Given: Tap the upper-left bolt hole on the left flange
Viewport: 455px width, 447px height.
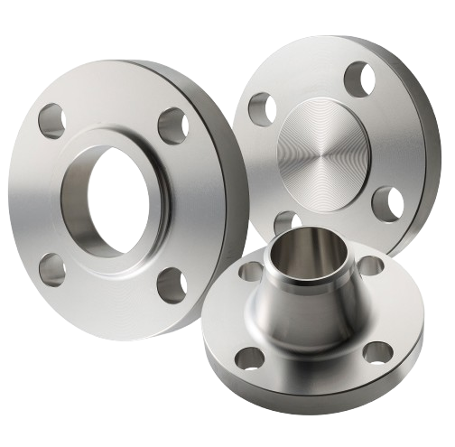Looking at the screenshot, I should click(x=52, y=116).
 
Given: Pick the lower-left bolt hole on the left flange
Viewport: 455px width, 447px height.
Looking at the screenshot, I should click(x=51, y=266).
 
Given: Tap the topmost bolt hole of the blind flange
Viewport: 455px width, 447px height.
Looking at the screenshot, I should click(x=358, y=79).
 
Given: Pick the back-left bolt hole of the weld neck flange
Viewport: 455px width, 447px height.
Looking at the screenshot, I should click(x=246, y=272).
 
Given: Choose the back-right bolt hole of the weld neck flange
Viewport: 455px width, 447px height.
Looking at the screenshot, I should click(x=369, y=267).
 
